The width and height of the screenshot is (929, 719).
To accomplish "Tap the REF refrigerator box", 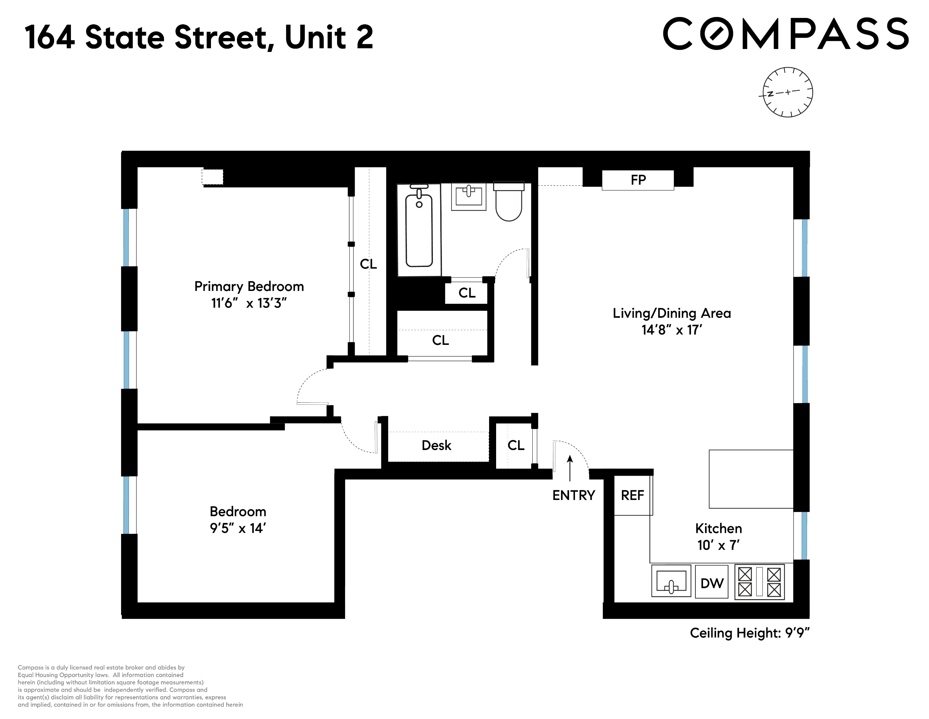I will (633, 495).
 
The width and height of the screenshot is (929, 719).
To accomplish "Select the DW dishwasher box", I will (712, 583).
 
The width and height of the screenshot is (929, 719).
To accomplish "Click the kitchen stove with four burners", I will (759, 582).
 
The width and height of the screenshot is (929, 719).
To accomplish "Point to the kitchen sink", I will (671, 581).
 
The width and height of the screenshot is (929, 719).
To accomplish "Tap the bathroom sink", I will (468, 196).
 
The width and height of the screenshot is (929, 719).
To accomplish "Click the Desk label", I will (437, 445).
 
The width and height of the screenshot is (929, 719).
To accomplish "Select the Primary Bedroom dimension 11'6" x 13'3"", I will (249, 303).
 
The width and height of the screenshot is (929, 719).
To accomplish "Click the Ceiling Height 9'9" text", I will (749, 633).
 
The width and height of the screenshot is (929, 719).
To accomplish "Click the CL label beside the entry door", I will (515, 445).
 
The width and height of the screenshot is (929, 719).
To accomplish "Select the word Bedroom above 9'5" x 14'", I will (238, 511).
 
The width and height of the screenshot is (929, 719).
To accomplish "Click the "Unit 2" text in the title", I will (329, 37).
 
